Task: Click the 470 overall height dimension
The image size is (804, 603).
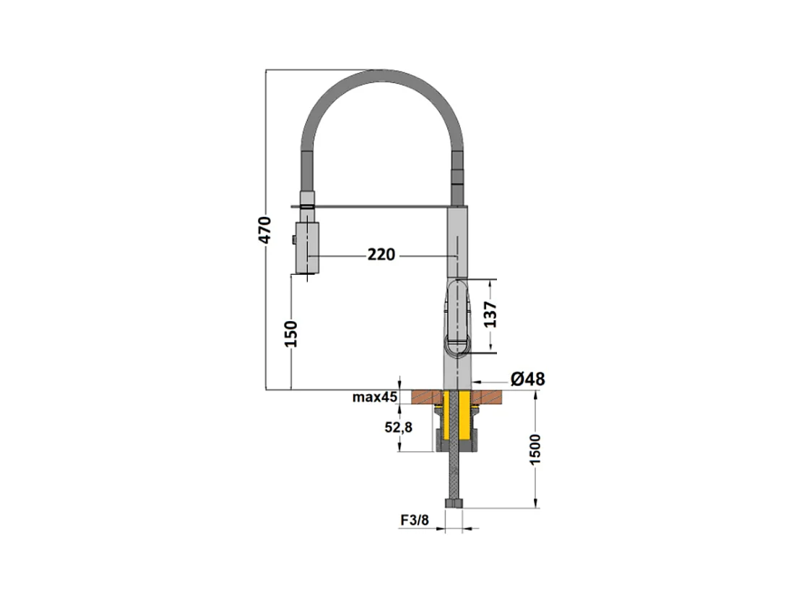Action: point(264,230)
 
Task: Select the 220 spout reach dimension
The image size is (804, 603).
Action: point(381,255)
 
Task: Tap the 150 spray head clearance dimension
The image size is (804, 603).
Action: point(290,333)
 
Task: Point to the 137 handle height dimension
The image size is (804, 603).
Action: point(490,315)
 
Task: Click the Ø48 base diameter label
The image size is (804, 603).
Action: point(527,380)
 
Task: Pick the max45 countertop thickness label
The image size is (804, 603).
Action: point(375,397)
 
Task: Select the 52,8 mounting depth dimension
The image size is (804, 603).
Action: point(399,427)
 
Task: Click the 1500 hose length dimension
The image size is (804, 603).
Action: point(535,450)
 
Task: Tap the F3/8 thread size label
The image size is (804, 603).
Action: point(415,520)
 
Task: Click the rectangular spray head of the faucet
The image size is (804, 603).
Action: point(306,247)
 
